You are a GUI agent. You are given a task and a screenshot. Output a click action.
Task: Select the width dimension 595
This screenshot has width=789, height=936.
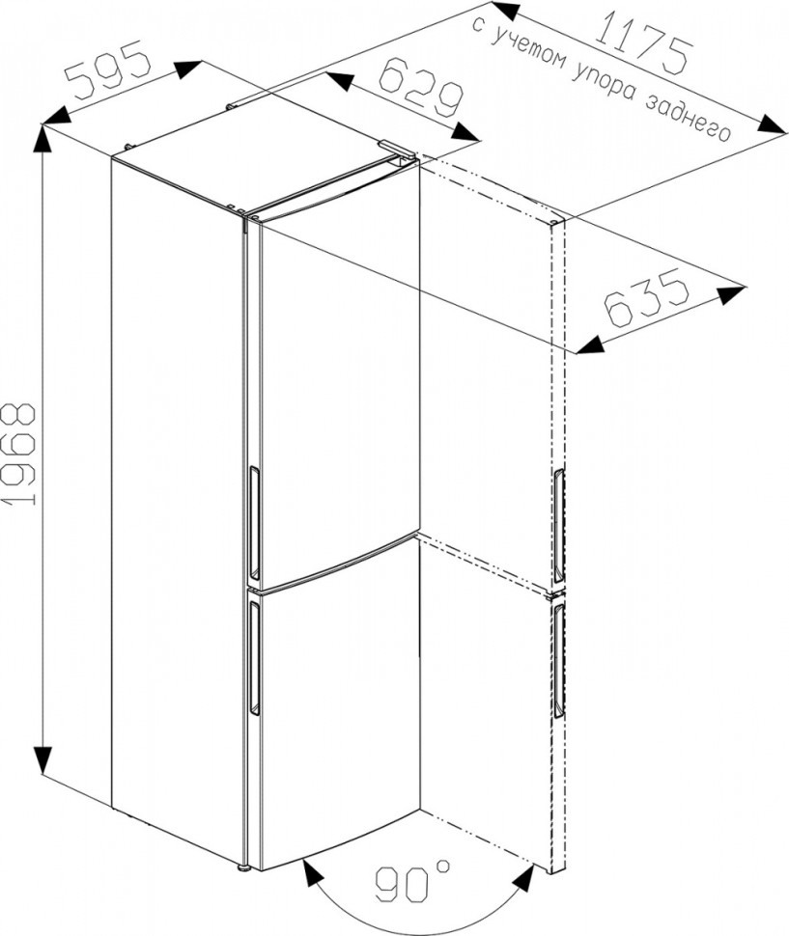tap(107, 69)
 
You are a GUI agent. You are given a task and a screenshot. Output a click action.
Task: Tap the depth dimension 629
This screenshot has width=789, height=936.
tap(421, 87)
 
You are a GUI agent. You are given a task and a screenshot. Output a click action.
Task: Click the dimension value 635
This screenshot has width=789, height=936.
tap(648, 298)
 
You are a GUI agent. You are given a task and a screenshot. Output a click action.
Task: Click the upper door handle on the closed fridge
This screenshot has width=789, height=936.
tap(253, 523)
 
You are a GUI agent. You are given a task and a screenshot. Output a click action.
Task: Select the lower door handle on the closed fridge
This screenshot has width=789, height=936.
tap(254, 657)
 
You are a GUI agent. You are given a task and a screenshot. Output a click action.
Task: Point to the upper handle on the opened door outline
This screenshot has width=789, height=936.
tap(557, 526)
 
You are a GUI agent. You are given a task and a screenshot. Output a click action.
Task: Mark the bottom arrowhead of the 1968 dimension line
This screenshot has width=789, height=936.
tap(42, 761)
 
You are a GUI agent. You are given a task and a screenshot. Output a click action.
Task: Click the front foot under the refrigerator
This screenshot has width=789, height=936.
tap(243, 867)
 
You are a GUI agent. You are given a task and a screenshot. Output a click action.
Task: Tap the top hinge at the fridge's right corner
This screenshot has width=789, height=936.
tap(397, 150)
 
